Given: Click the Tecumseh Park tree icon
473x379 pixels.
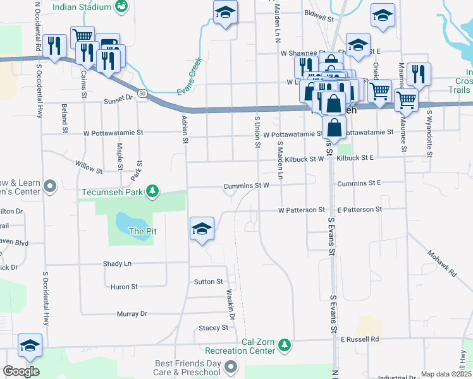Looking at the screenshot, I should (152, 191).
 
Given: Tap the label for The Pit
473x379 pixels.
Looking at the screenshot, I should (142, 231).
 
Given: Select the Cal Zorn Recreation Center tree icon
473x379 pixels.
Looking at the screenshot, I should (285, 344).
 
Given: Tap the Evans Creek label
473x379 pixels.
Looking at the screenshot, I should (189, 77).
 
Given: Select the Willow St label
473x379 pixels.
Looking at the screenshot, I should (89, 170).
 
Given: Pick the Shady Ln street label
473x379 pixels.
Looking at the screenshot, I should (117, 263).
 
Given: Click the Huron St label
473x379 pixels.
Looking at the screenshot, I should (124, 287).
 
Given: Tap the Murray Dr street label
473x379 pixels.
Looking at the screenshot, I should (132, 314).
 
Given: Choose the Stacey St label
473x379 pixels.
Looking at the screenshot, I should (213, 328).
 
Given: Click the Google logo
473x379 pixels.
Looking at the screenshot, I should (21, 371).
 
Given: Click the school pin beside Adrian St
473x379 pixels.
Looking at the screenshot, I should (202, 229).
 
